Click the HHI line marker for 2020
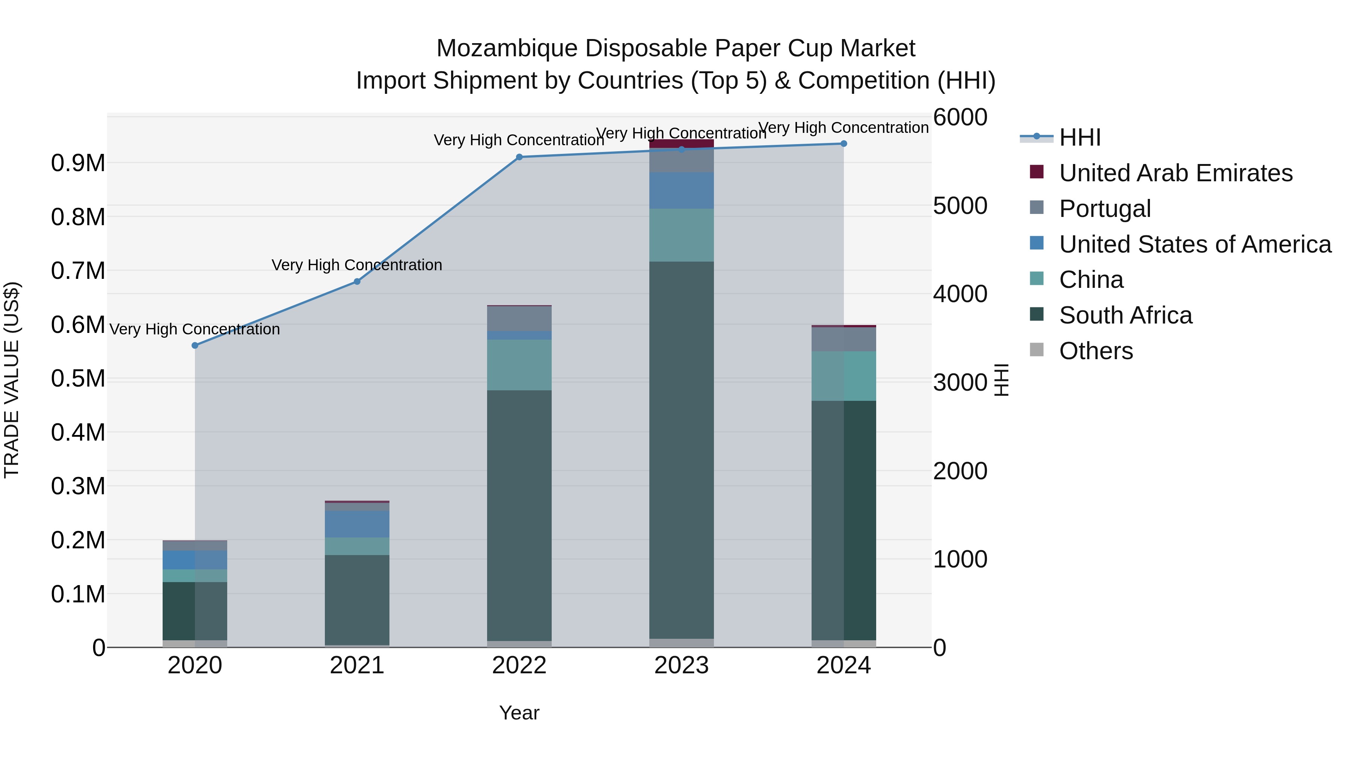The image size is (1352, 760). click(x=195, y=346)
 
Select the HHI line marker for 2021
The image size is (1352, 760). click(x=357, y=281)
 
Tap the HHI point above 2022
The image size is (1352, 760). click(x=519, y=157)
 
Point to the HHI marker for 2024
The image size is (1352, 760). click(x=843, y=144)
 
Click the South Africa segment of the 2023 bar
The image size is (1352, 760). click(x=681, y=451)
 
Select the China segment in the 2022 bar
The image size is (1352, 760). click(x=519, y=365)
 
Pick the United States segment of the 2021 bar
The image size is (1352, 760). click(x=357, y=524)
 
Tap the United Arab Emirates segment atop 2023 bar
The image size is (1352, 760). click(x=681, y=143)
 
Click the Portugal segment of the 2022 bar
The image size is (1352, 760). click(x=519, y=318)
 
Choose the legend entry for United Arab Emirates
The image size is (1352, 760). click(x=1175, y=173)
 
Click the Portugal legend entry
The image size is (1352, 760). click(x=1105, y=209)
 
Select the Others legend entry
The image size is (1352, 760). click(x=1096, y=351)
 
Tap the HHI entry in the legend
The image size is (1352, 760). click(x=1080, y=137)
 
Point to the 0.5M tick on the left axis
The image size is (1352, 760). click(x=78, y=379)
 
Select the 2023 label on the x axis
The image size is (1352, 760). click(x=681, y=665)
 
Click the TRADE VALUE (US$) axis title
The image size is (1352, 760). click(x=12, y=380)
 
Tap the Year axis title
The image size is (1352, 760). click(x=519, y=713)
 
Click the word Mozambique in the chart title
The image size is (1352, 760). click(x=507, y=48)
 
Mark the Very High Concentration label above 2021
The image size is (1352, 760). click(x=357, y=265)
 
